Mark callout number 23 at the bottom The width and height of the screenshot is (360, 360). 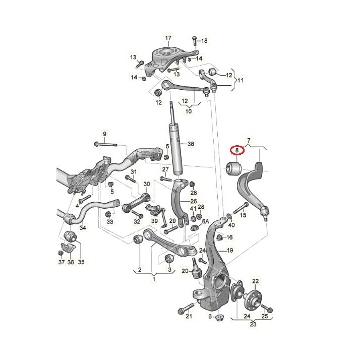(253, 324)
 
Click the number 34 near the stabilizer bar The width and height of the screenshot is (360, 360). (83, 228)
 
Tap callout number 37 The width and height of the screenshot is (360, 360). (61, 262)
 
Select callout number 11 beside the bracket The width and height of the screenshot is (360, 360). (241, 80)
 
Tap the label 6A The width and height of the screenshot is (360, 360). (205, 221)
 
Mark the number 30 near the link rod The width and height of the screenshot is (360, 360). (147, 184)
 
